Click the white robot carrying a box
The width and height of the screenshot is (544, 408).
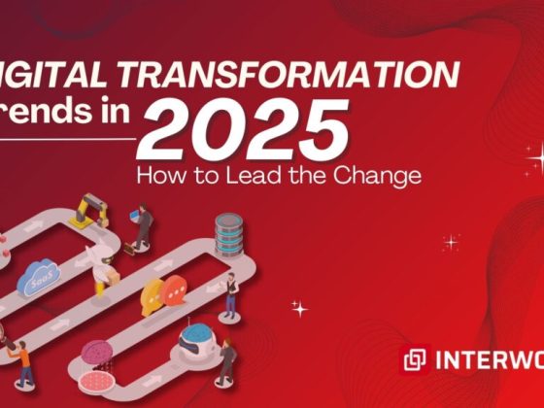(x=102, y=267)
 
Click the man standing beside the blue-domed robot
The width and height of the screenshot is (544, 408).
(x=225, y=360)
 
